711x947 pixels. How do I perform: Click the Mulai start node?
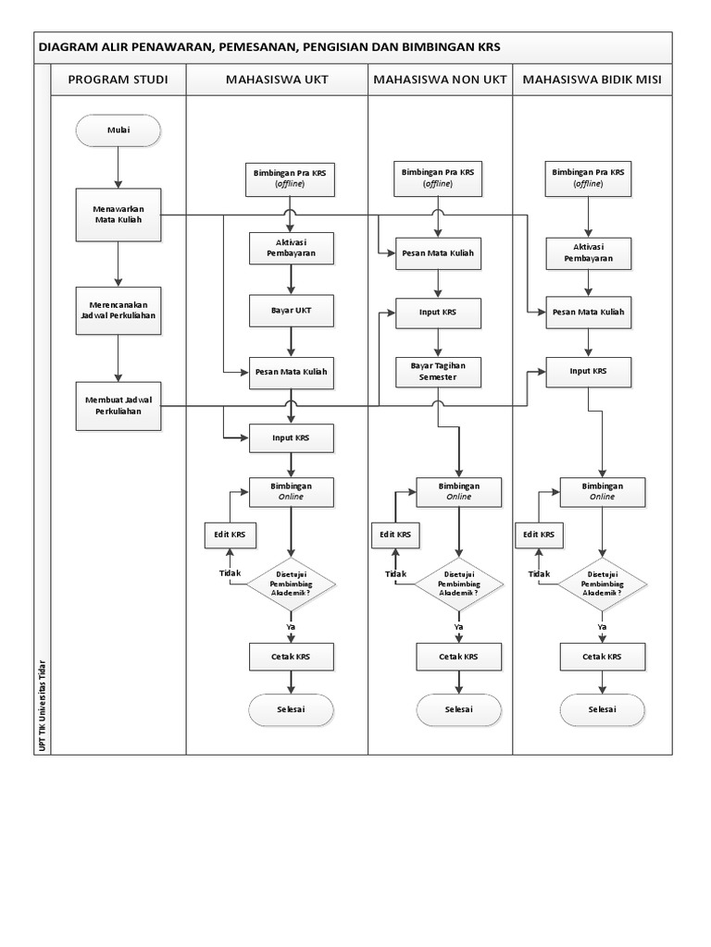click(118, 130)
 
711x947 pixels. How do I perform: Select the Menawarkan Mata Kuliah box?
click(118, 215)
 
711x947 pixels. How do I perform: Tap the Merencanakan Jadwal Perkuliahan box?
click(118, 311)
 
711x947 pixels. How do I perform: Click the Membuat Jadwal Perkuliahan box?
click(118, 406)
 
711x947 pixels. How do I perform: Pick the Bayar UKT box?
click(291, 311)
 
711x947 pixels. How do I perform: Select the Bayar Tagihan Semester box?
click(438, 372)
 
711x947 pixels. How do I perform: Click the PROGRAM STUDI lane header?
click(118, 80)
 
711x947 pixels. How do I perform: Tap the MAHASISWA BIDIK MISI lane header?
click(592, 80)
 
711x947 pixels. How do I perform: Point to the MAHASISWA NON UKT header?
click(440, 80)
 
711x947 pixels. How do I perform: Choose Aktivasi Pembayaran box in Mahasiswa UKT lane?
click(291, 248)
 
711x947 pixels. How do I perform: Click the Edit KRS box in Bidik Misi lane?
click(538, 535)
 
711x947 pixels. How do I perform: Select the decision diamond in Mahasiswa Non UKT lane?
click(458, 584)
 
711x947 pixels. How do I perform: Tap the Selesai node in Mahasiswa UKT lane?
click(291, 709)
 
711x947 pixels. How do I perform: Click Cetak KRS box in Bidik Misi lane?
click(602, 657)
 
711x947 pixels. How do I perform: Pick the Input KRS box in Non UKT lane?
click(438, 313)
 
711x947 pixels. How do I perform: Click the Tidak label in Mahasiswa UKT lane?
click(230, 573)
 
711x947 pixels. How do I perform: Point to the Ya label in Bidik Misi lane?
click(602, 627)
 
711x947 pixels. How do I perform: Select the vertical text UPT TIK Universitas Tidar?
click(42, 706)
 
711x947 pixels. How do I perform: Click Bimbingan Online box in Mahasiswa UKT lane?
click(291, 492)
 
